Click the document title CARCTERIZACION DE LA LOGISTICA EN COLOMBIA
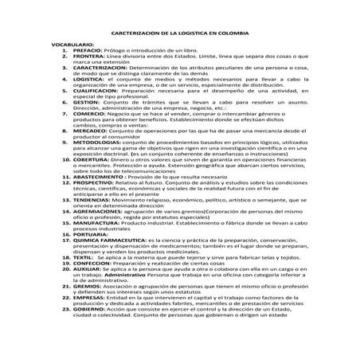pos(179,35)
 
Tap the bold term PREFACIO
pos(65,53)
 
